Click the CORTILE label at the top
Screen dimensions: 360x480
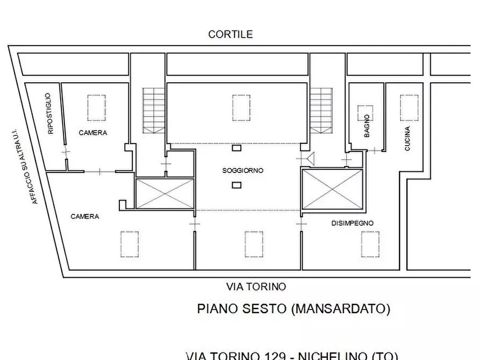tap(231, 34)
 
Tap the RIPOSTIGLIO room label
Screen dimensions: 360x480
tap(50, 113)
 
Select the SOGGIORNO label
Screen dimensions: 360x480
tap(243, 170)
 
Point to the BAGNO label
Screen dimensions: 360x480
tap(367, 126)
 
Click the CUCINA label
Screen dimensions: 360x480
tap(407, 138)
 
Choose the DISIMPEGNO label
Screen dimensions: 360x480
tap(353, 223)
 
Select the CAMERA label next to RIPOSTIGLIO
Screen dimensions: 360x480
tap(93, 133)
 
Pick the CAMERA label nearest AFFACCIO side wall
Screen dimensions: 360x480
tap(85, 217)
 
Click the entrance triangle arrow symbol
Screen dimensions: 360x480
tap(310, 159)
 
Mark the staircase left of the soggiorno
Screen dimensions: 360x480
tap(154, 111)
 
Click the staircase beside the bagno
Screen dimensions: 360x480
tap(321, 111)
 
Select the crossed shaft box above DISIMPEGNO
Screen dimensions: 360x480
tap(333, 189)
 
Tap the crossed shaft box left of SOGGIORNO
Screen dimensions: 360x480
tap(164, 193)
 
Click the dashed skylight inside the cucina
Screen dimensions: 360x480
tap(409, 107)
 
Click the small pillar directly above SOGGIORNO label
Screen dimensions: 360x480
tap(236, 148)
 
